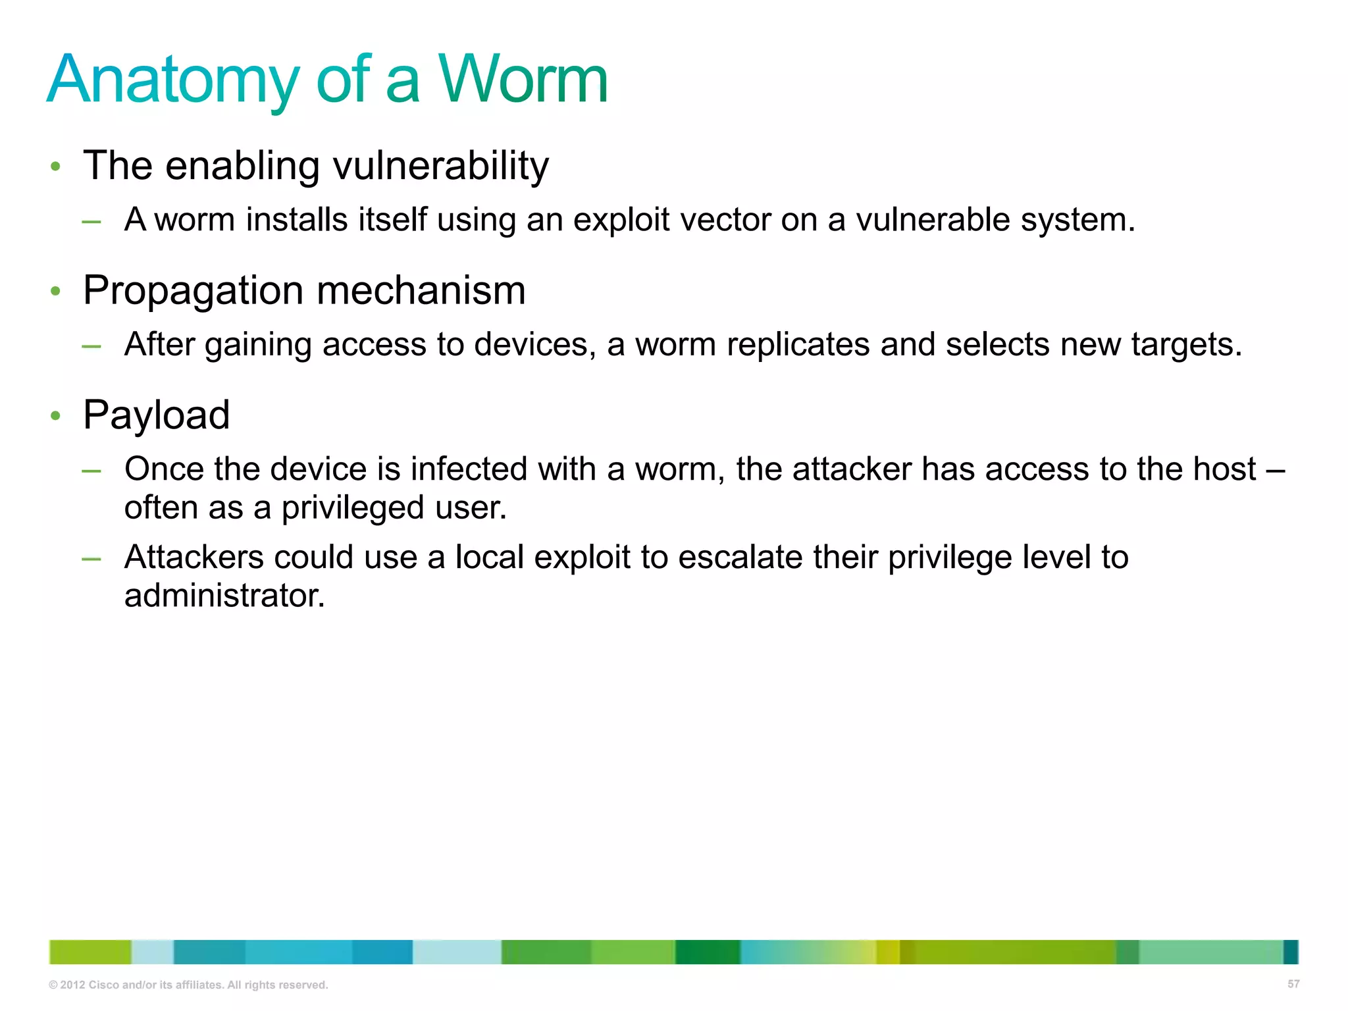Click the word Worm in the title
pos(523,80)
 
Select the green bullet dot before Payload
pos(56,416)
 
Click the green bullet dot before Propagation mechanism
pos(56,291)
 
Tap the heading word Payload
pos(156,415)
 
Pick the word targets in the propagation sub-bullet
pos(1186,344)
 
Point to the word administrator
pos(224,596)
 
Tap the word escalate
pos(740,557)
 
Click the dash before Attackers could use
pos(91,559)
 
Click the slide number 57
pos(1293,984)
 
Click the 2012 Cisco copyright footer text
pos(188,985)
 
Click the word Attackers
pos(194,557)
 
